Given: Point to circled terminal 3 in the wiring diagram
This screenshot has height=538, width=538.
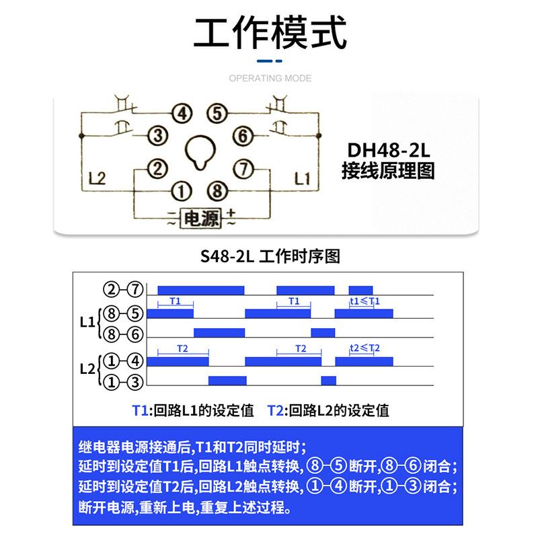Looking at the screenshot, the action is click(157, 137).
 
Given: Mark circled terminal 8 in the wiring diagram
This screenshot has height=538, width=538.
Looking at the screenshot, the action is click(215, 190).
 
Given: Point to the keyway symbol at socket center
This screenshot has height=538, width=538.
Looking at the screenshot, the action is click(198, 151).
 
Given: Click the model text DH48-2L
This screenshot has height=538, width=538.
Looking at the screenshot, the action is click(388, 148).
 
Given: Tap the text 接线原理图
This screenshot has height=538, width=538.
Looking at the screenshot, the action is click(388, 171).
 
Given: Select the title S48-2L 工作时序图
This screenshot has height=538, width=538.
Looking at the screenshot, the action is click(269, 257).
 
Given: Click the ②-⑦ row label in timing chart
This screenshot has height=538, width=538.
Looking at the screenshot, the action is click(124, 290).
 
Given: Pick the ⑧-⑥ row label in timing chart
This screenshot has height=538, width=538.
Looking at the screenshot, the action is click(124, 332).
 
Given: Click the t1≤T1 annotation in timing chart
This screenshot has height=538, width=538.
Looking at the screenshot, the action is click(365, 301).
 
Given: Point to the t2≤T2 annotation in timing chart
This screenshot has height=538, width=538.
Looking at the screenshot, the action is click(365, 348).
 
